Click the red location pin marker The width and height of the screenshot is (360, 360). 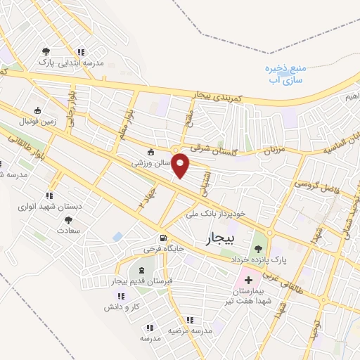(181, 165)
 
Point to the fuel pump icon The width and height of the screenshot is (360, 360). (163, 238)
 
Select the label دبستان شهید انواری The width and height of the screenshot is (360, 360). (50, 207)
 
